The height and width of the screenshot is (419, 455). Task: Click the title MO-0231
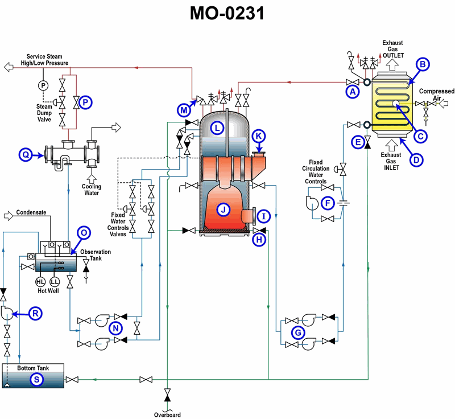point(227,14)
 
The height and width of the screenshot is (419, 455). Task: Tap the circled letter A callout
point(353,90)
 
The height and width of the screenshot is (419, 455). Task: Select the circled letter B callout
point(422,65)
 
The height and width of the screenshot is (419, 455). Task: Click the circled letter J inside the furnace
point(224,210)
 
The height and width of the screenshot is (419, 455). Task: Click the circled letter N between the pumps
point(116,328)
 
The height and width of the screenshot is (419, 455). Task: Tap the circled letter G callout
point(297,332)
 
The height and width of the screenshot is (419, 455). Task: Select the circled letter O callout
point(84,232)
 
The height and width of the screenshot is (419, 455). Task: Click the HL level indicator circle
point(40,282)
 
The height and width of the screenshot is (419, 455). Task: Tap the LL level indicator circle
point(55,282)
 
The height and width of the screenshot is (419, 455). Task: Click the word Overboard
point(167,414)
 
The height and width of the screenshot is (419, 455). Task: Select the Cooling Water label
point(92,190)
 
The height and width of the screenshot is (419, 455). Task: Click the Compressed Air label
point(437,95)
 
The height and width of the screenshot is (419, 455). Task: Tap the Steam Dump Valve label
point(44,113)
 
